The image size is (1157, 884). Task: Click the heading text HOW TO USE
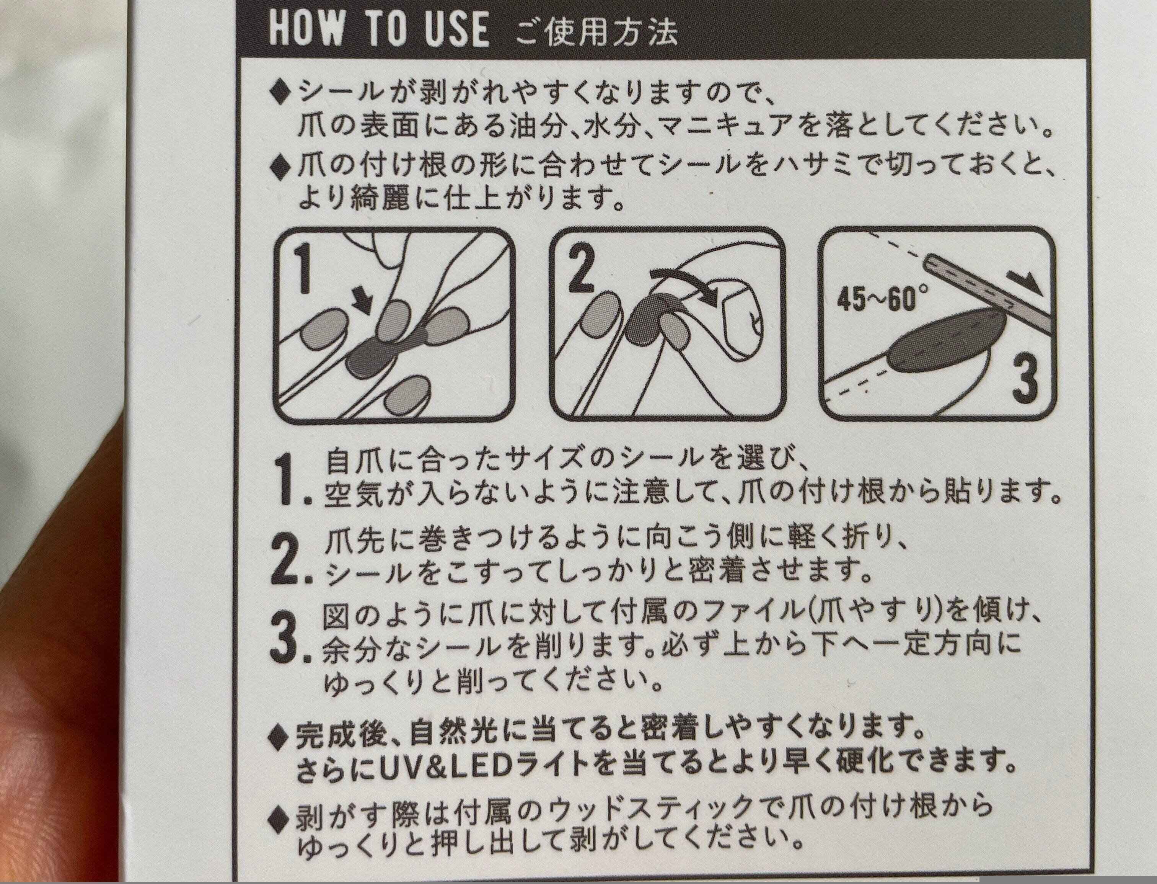click(379, 31)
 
